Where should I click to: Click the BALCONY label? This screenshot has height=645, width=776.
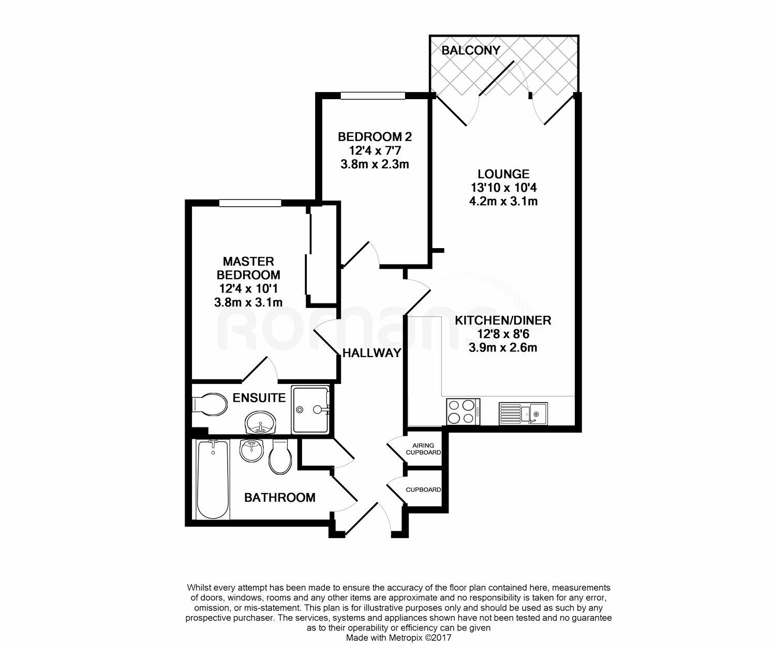(x=471, y=50)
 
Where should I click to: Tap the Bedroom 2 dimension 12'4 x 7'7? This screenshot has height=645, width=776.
(x=375, y=150)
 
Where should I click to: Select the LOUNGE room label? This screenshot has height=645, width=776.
(x=503, y=174)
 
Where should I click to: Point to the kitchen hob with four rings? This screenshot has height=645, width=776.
(x=463, y=412)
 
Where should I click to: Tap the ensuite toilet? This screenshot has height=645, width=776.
(x=209, y=404)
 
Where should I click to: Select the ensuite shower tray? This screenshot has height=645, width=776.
(x=310, y=409)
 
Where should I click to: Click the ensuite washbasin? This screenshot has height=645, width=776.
(x=261, y=423)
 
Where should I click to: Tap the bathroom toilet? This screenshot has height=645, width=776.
(x=281, y=457)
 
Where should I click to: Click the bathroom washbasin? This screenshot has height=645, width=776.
(x=252, y=451)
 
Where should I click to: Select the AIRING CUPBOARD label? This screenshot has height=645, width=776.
(x=423, y=449)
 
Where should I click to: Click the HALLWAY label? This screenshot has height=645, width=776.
(x=372, y=353)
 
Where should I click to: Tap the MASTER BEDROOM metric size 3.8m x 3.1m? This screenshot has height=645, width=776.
(x=248, y=302)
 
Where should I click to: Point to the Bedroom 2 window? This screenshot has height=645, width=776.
(x=372, y=95)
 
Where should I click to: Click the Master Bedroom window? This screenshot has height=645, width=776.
(x=249, y=203)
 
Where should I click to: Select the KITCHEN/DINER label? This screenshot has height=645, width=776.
(x=503, y=320)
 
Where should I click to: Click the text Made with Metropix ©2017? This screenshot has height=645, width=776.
(x=399, y=638)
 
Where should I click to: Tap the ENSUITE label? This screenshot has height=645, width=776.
(x=259, y=398)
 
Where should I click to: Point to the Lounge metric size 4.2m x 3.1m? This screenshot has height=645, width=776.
(x=503, y=201)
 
